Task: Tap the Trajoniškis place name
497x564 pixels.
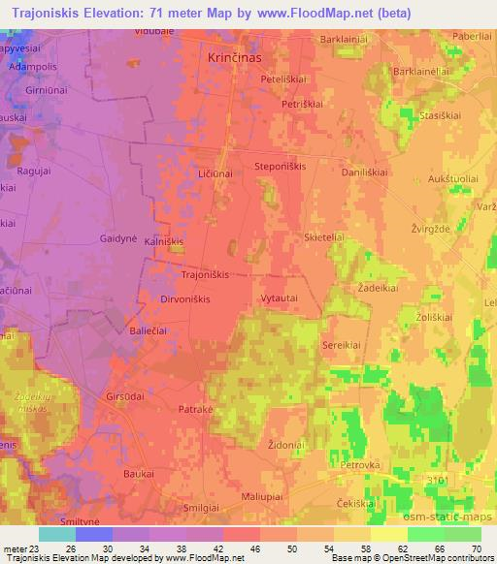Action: [205, 274]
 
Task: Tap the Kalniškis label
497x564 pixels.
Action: [164, 240]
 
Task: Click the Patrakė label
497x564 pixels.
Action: [195, 411]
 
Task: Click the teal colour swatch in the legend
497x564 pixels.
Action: [57, 534]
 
